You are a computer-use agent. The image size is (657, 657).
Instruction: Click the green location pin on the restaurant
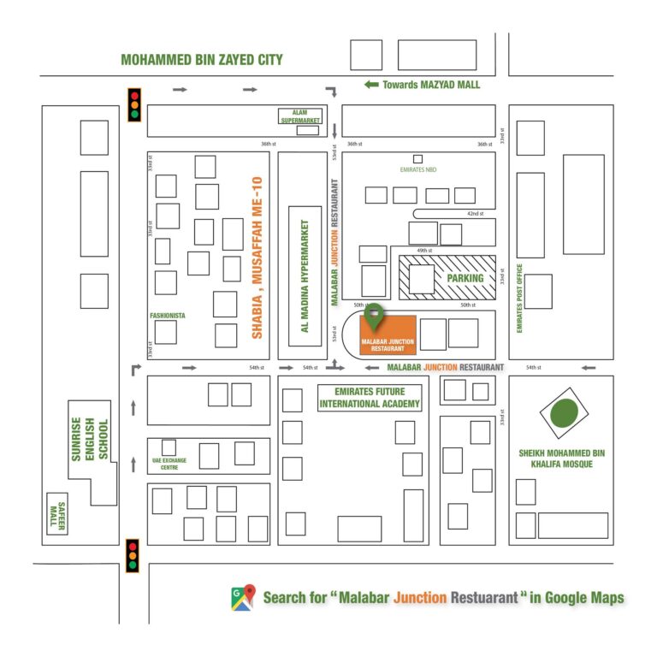pos(374,315)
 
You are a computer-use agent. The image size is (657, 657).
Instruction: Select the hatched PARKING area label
pos(464,278)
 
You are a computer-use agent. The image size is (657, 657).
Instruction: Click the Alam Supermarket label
pos(300,117)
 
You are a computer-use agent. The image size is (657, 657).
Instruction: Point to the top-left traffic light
pos(134,104)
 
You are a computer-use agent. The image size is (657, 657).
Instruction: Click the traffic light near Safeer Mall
pos(133,555)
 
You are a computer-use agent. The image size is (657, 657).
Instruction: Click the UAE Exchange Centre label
pos(169,464)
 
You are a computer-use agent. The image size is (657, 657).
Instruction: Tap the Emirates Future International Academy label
pos(370,397)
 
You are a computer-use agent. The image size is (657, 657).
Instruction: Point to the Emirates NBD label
pos(418,170)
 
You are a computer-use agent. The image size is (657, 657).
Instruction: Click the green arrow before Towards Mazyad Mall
pos(371,85)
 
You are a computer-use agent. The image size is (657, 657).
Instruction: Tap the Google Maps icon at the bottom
pos(243,597)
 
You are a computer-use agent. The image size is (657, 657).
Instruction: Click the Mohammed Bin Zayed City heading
pos(201,60)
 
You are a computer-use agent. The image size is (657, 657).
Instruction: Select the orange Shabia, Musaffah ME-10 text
pos(256,257)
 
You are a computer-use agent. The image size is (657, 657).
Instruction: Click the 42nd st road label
pos(474,213)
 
